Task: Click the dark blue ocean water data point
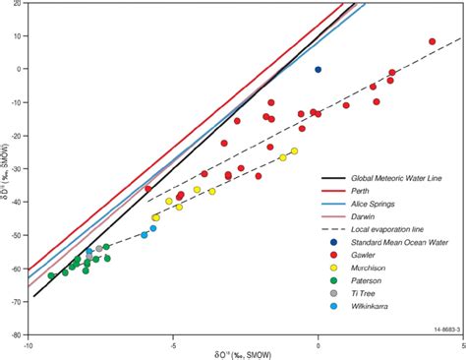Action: coord(318,70)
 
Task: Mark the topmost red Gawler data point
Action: coord(432,42)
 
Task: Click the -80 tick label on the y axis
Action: coord(16,334)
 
